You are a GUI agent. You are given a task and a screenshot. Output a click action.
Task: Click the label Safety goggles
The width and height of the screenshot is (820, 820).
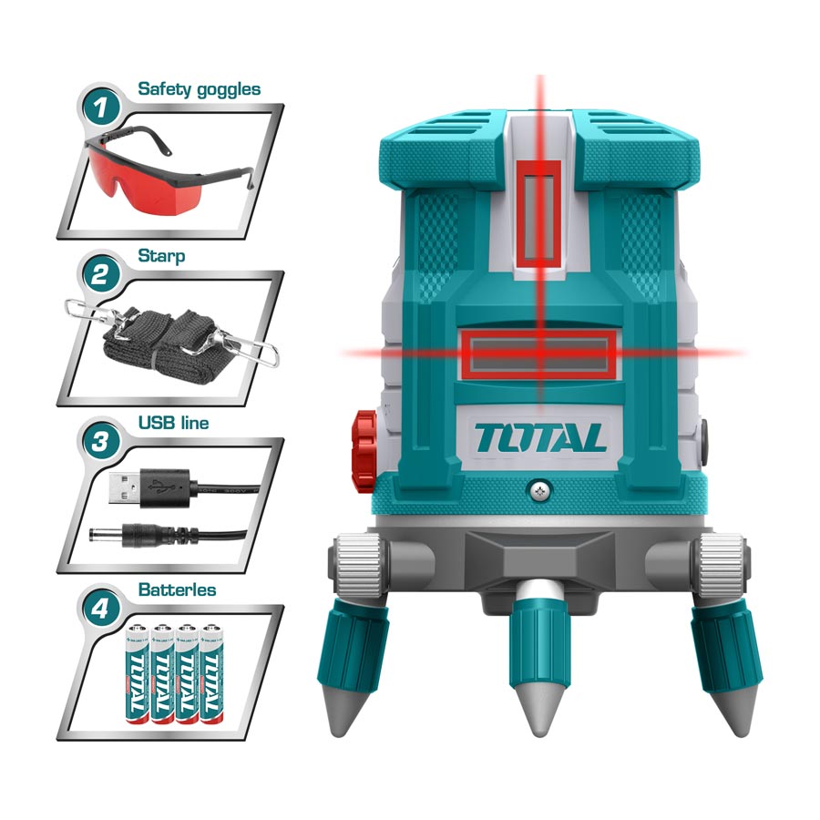199,89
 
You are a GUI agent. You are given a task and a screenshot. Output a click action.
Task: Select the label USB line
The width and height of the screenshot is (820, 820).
172,423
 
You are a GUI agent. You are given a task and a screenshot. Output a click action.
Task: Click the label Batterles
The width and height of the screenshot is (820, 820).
177,589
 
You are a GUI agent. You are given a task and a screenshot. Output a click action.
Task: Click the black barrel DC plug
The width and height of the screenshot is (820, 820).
128,532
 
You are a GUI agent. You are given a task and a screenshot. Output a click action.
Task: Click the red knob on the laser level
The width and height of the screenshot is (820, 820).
364,435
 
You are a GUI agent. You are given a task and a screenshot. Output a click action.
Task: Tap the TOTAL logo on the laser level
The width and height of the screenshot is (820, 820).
539,438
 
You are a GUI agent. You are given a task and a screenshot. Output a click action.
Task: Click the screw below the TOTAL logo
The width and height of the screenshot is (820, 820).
540,491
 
